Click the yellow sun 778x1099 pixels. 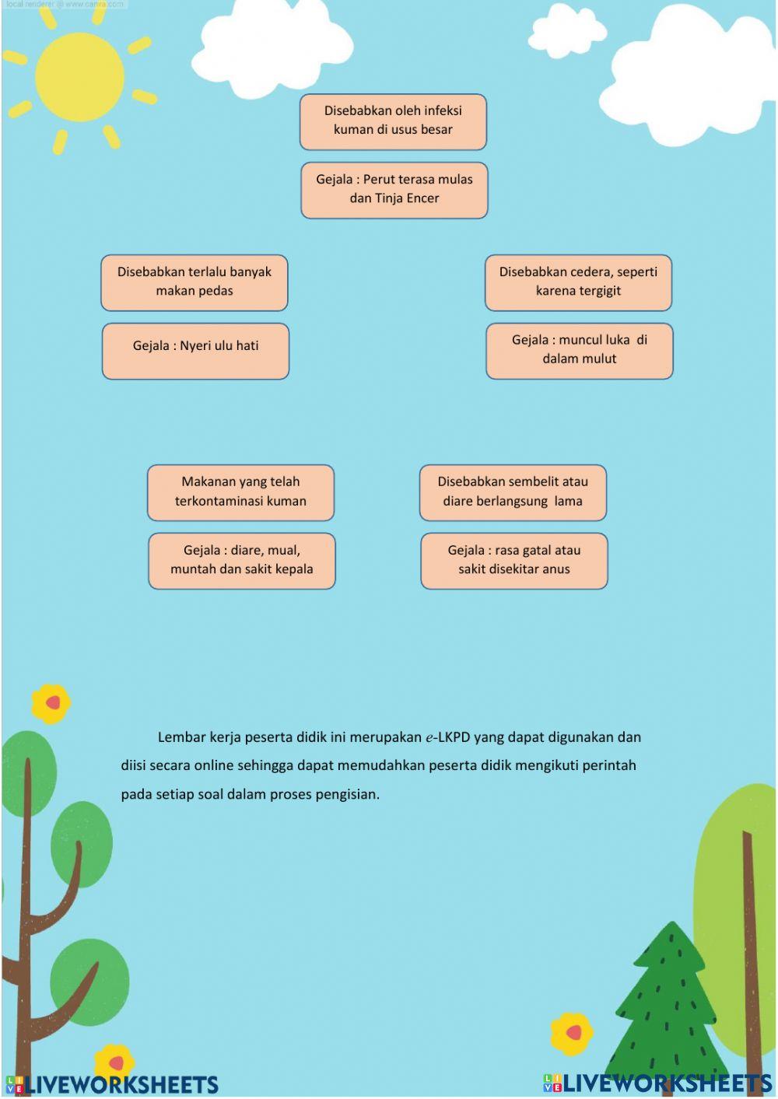point(79,76)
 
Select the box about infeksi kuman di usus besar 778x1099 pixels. point(393,121)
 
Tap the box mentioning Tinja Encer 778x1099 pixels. point(394,190)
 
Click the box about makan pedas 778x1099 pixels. point(194,282)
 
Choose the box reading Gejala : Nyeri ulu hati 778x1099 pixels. point(195,351)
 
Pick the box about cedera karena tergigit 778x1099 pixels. point(578,282)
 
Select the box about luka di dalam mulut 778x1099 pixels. point(579,351)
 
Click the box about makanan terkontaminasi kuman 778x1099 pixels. point(240,492)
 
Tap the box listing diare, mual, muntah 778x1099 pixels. point(241,560)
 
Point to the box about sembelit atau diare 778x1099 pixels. point(513,492)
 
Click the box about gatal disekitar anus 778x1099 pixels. point(513,560)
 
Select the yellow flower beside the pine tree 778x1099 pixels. point(572,1033)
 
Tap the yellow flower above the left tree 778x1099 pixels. point(51,703)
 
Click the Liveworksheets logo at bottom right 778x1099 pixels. point(657,1083)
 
